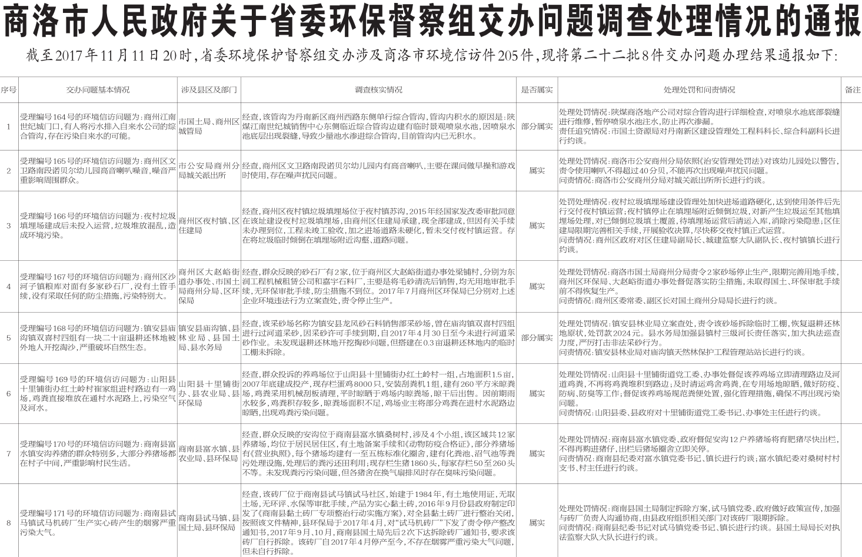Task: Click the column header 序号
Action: (8, 90)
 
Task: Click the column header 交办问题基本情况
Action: (98, 90)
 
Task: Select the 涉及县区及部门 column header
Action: (209, 90)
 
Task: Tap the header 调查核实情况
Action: (378, 90)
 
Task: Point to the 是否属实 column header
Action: (537, 90)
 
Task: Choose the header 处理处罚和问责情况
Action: (699, 90)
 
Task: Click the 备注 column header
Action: (852, 90)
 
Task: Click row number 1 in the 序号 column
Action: (8, 127)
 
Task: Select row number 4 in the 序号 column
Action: (8, 287)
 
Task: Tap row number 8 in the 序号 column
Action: (8, 523)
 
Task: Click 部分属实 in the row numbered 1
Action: (537, 127)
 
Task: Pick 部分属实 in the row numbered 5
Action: (537, 339)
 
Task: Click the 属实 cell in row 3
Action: (537, 226)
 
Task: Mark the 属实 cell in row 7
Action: (537, 454)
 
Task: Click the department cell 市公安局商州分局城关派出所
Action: (209, 171)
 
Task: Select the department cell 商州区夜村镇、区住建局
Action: (209, 226)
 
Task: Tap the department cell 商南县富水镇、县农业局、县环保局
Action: (209, 454)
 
